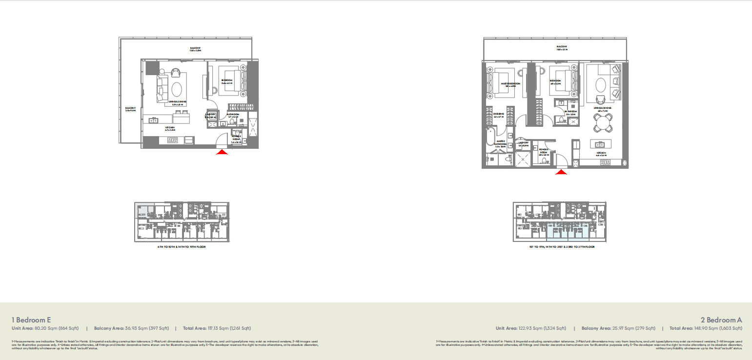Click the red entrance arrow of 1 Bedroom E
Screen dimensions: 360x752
pyautogui.click(x=222, y=152)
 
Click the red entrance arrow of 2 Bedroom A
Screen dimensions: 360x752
pyautogui.click(x=562, y=172)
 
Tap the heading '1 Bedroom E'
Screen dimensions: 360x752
pyautogui.click(x=31, y=320)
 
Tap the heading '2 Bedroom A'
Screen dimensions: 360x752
pyautogui.click(x=721, y=320)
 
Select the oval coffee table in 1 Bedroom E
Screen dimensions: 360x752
pyautogui.click(x=177, y=90)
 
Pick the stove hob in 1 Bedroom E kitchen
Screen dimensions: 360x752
pyautogui.click(x=173, y=140)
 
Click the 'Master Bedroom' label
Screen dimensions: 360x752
pyautogui.click(x=510, y=84)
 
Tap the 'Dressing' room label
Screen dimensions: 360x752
pyautogui.click(x=498, y=114)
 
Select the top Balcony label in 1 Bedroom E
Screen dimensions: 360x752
pyautogui.click(x=196, y=48)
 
